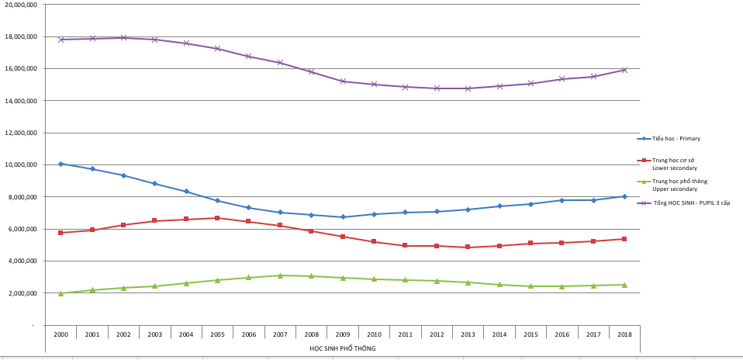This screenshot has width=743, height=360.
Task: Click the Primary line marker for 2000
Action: tap(60, 164)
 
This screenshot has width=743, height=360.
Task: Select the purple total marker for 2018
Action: tap(624, 70)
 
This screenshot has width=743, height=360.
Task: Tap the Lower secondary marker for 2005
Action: tap(217, 218)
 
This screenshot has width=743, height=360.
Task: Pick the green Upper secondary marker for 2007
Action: tap(280, 275)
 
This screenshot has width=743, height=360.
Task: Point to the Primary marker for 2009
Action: tap(343, 217)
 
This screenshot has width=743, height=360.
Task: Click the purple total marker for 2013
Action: tap(468, 88)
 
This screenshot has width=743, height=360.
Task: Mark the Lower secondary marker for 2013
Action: tap(468, 247)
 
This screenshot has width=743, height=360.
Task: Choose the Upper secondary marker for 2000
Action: tap(60, 293)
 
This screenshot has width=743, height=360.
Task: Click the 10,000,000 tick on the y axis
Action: tap(21, 164)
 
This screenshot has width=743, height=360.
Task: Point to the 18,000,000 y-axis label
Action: tap(21, 36)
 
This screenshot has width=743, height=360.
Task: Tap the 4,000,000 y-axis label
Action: tap(22, 261)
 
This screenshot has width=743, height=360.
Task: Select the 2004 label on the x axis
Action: tap(186, 334)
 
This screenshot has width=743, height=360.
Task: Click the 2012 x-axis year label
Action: tap(437, 334)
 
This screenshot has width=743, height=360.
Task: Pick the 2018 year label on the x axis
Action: tap(624, 334)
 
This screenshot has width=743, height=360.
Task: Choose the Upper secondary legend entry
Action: tap(675, 185)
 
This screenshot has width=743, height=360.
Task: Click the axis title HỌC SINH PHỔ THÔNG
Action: tap(342, 348)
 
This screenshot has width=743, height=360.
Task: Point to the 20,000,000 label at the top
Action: tap(21, 5)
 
